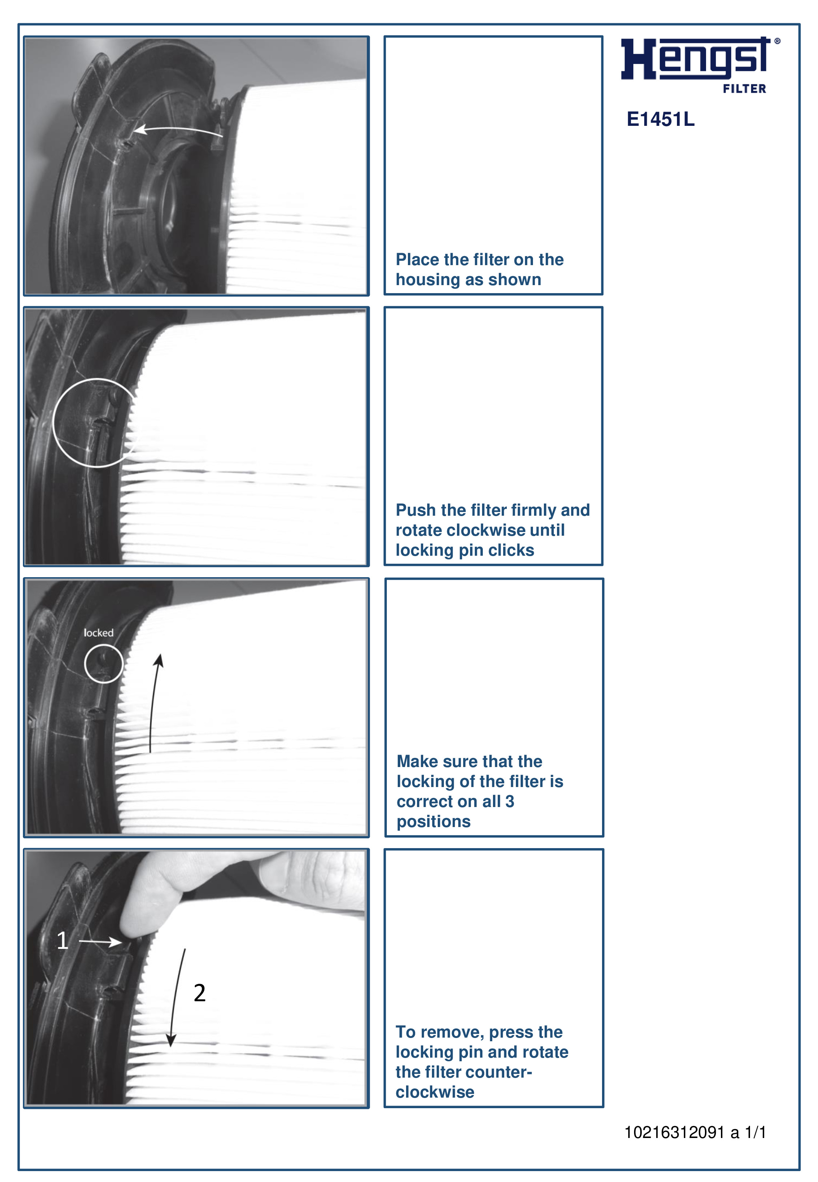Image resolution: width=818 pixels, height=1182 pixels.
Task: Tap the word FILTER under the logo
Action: click(x=744, y=89)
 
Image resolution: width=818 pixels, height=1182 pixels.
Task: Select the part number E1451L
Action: click(x=660, y=119)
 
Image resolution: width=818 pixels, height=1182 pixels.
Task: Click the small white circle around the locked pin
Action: click(x=104, y=664)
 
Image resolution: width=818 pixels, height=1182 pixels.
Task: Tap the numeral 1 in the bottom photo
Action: click(x=62, y=940)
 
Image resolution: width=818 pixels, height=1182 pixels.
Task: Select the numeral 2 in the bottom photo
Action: click(x=199, y=993)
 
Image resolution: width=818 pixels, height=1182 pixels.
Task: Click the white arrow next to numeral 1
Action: click(x=100, y=941)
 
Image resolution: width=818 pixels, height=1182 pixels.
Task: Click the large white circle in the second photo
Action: click(x=96, y=423)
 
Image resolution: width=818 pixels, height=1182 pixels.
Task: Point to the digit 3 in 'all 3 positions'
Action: click(x=509, y=801)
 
